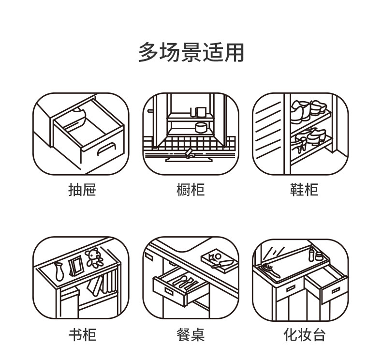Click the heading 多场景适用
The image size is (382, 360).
(191, 52)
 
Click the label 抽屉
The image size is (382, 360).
(82, 190)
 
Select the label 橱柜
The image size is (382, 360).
(191, 190)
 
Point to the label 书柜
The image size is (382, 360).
(82, 334)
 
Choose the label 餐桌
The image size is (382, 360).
(191, 334)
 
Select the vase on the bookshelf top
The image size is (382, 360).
(59, 272)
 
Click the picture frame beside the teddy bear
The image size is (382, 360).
(75, 266)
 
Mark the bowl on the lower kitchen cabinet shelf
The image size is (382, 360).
(200, 127)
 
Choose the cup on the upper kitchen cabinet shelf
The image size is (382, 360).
(200, 112)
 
